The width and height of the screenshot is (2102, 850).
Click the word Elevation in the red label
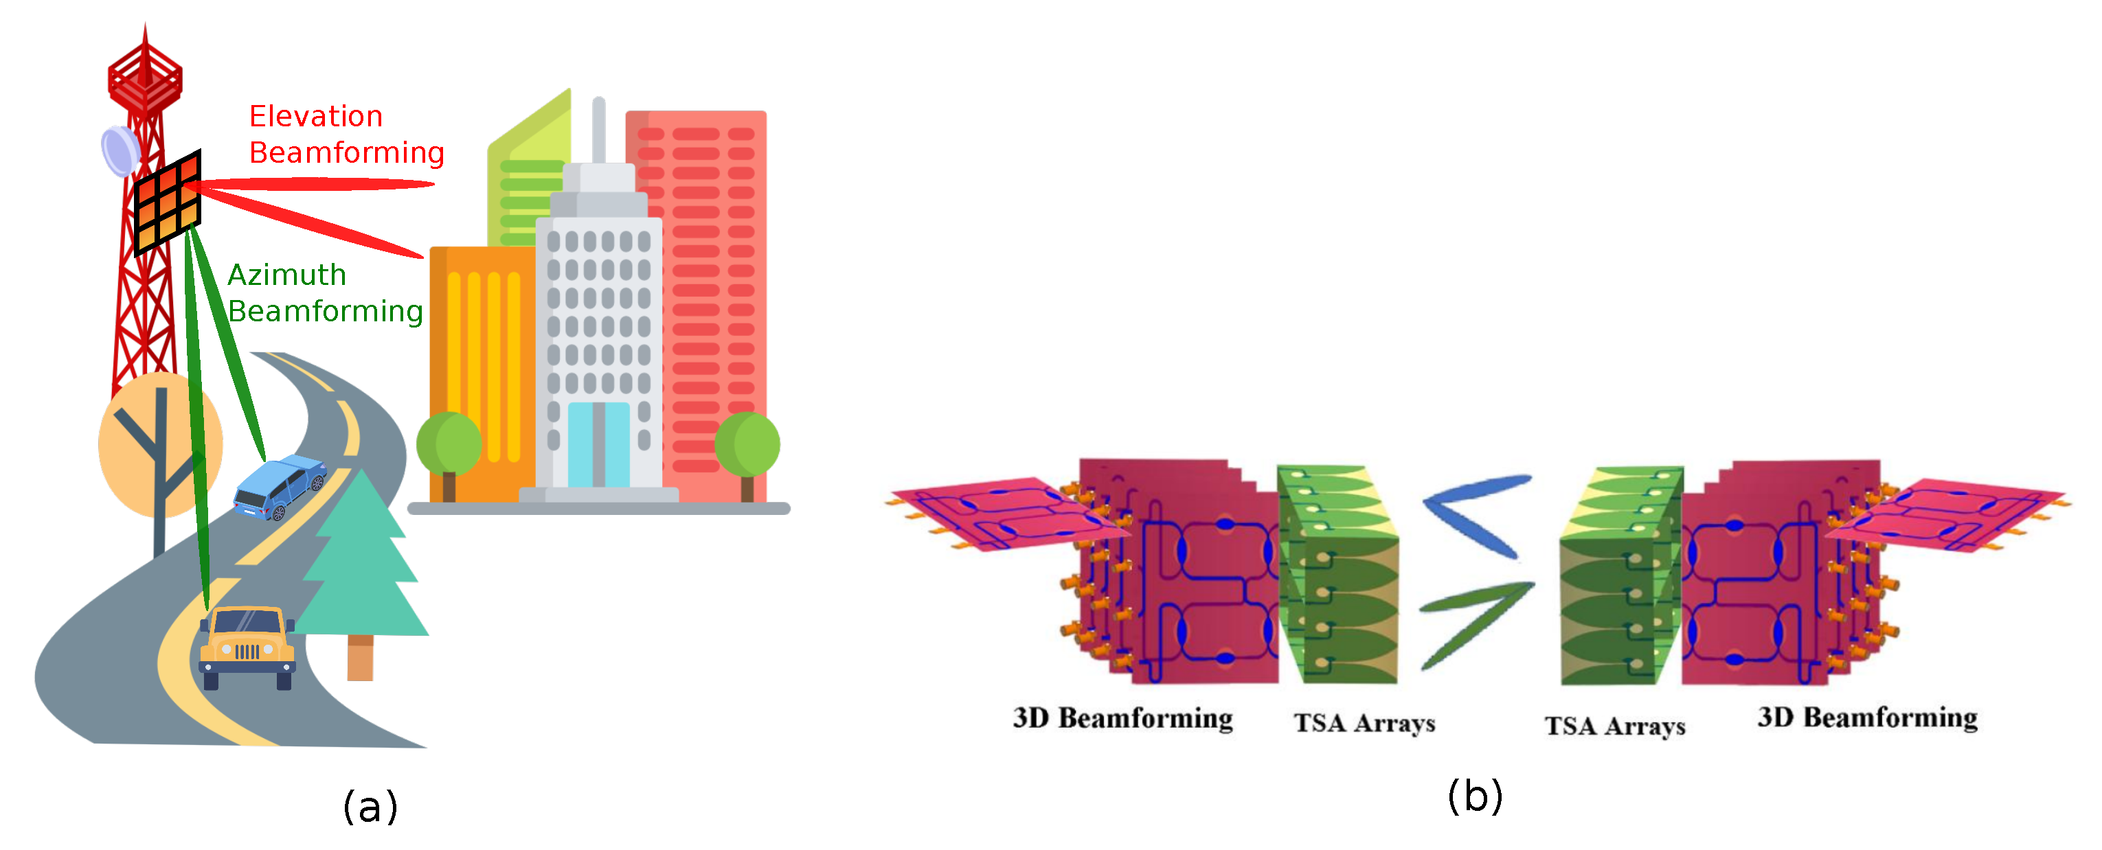[x=316, y=116]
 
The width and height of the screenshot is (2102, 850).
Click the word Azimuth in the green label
[x=286, y=275]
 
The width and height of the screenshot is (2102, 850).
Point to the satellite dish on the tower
[x=120, y=151]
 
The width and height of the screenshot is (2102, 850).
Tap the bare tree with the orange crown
[x=159, y=445]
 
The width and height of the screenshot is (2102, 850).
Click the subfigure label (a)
[x=370, y=806]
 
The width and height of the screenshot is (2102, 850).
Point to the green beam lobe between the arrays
[x=1476, y=620]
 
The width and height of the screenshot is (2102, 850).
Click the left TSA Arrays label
[x=1364, y=723]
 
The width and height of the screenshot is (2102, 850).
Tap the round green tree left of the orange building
[x=448, y=445]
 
